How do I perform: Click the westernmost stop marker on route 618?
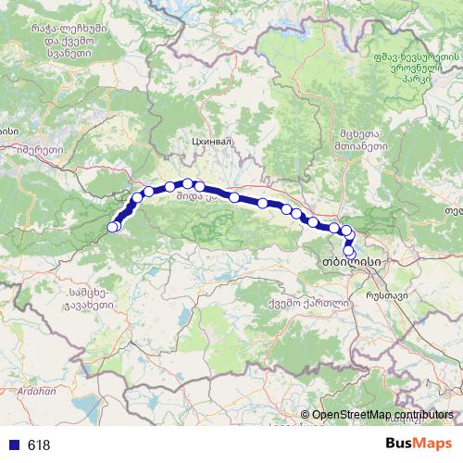[113, 227]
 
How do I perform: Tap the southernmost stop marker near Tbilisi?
[350, 251]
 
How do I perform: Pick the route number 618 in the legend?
[39, 445]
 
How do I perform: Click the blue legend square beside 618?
[14, 445]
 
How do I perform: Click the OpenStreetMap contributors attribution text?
[382, 415]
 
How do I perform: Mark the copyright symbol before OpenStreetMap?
[306, 415]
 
